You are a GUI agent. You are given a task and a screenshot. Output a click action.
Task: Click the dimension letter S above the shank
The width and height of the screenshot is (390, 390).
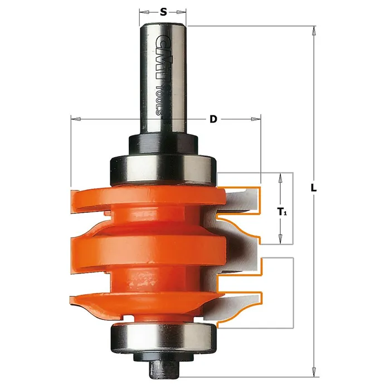[x=163, y=12]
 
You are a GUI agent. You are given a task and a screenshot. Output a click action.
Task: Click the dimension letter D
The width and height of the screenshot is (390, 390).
[x=213, y=119]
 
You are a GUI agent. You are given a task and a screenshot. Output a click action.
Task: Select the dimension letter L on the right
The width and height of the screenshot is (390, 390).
[x=314, y=188]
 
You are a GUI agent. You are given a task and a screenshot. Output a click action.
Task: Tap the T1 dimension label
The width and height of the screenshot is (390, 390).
[x=282, y=212]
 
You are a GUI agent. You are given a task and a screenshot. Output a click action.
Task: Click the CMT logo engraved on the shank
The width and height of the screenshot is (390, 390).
[x=162, y=57]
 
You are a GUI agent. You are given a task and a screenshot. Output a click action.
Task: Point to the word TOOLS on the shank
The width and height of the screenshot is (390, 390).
[x=159, y=100]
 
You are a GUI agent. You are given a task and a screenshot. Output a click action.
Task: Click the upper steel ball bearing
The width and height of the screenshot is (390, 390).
[x=163, y=170]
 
